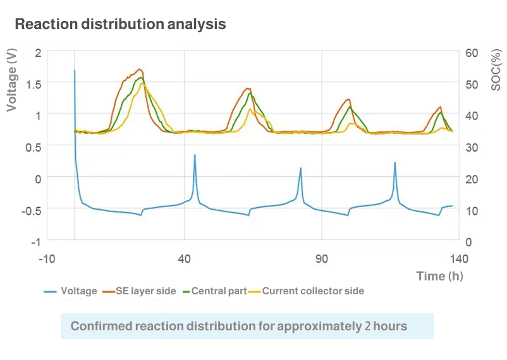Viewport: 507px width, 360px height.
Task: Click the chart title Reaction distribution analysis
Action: point(120,25)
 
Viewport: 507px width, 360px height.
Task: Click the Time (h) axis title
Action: point(439,276)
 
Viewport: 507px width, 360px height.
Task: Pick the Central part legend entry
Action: point(212,291)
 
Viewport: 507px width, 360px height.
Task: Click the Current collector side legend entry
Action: point(305,291)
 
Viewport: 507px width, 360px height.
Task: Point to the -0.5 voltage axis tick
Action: point(30,210)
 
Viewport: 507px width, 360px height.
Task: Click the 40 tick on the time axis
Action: point(185,258)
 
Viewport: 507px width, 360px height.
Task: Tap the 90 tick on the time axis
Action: point(322,258)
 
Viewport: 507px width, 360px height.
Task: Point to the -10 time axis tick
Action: point(47,258)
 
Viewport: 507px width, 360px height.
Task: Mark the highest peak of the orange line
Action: point(140,69)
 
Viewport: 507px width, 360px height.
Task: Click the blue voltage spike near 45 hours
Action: point(195,155)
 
